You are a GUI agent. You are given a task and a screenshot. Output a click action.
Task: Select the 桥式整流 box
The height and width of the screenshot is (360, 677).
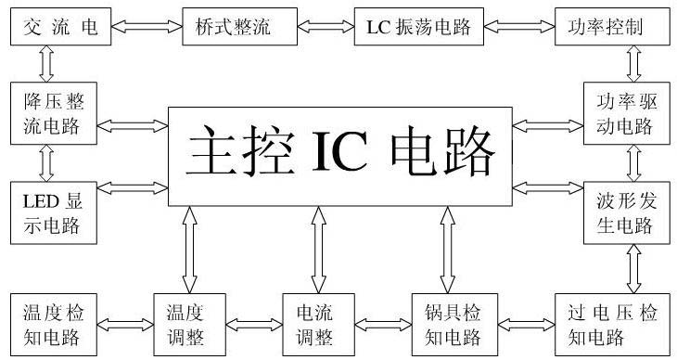click(x=226, y=27)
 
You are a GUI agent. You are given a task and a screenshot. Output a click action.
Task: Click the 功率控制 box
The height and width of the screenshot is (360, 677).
click(x=612, y=27)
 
